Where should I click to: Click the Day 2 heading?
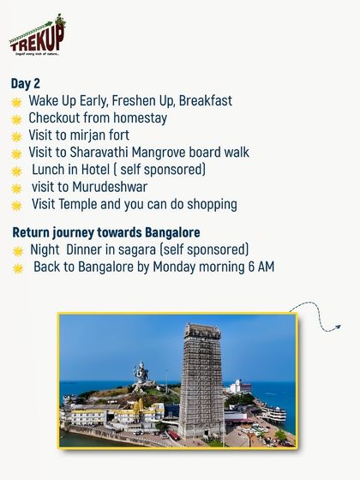coord(26,83)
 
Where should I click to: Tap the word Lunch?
coord(51,170)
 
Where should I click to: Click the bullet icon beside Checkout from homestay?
coord(16,119)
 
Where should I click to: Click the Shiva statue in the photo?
coord(141,375)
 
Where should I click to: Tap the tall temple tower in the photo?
coord(201,377)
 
